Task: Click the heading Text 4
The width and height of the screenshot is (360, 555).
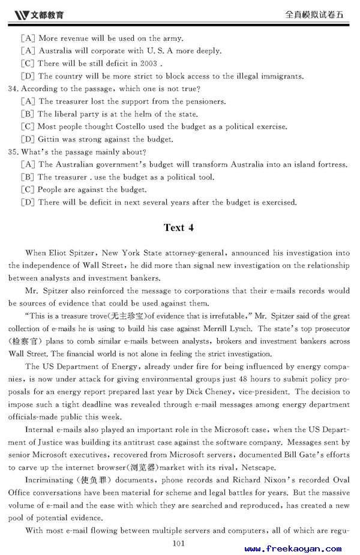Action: [x=179, y=227]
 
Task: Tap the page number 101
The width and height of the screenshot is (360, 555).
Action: [x=178, y=544]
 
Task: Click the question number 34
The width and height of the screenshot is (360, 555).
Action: [x=14, y=89]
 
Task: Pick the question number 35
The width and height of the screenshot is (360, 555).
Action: [x=14, y=152]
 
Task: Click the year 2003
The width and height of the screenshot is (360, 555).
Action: [x=148, y=64]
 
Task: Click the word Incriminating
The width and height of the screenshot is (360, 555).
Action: [x=49, y=480]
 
